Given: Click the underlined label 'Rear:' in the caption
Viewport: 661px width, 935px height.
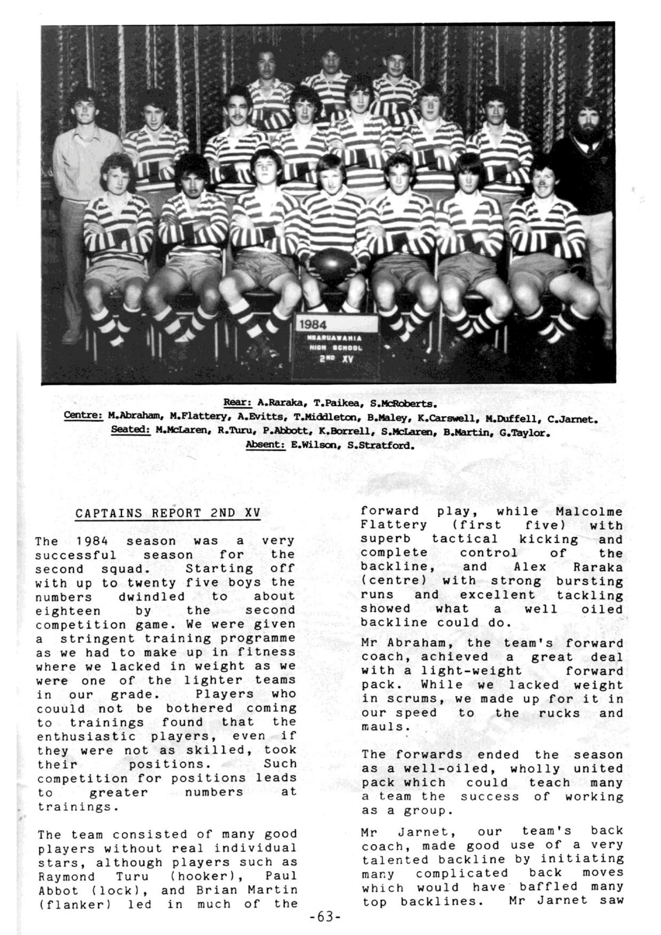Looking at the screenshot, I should (237, 403).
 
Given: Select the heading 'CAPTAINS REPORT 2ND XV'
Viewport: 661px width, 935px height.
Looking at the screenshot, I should (168, 513).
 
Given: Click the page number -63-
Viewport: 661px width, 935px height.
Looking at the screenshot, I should (324, 917).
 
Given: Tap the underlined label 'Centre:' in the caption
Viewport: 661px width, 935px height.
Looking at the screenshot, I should (84, 417).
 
